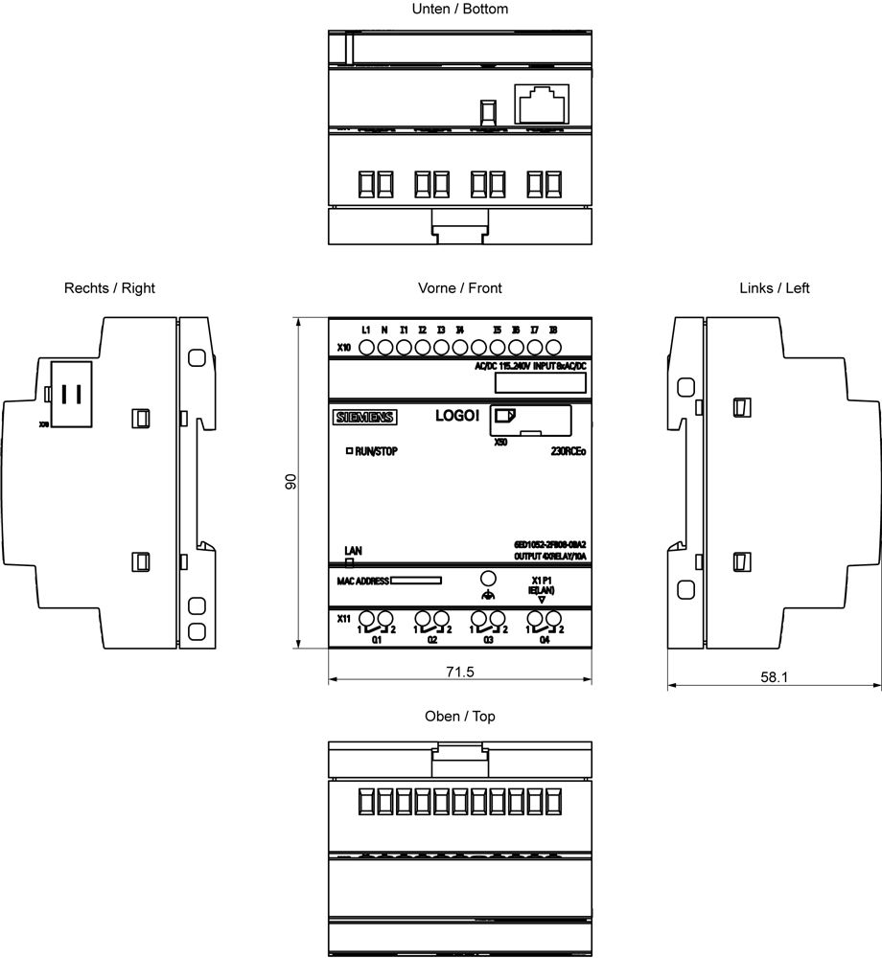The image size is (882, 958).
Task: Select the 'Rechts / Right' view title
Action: coord(109,287)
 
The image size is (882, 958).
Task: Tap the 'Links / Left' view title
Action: coord(774,287)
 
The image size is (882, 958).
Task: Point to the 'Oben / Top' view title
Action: coord(459,717)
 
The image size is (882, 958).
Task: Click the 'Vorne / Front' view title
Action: coord(459,287)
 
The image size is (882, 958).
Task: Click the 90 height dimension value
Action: coord(290,482)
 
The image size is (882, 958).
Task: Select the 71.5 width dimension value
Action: coord(458,672)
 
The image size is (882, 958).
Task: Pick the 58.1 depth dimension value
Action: coord(774,676)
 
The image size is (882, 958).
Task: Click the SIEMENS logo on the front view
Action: coord(363,417)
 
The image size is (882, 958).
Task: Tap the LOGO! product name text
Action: coord(457,415)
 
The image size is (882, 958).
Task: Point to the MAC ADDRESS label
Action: coord(360,581)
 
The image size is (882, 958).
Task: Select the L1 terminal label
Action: coord(366,331)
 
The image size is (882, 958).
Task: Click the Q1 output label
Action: coord(377,639)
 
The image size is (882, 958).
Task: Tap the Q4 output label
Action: coord(545,639)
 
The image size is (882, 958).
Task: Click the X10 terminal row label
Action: coord(343,348)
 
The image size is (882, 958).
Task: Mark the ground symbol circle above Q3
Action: coord(487,579)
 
